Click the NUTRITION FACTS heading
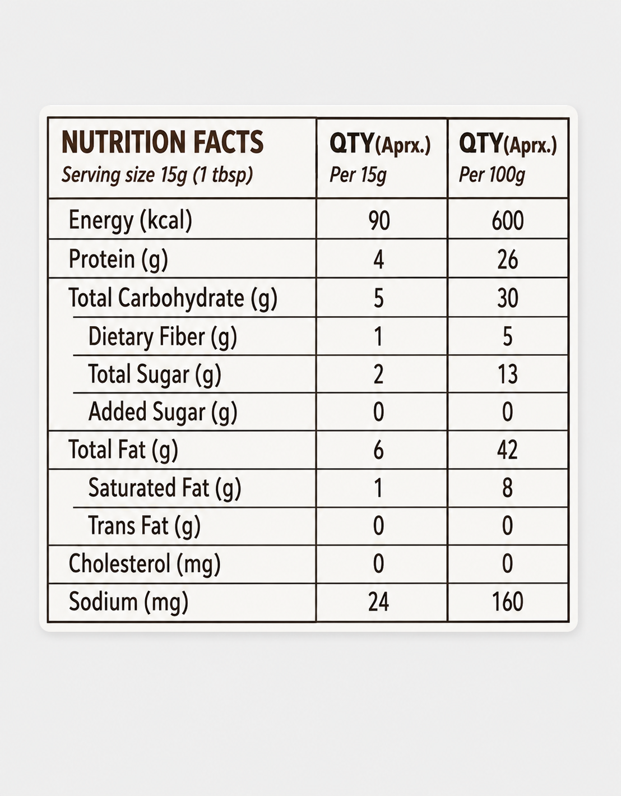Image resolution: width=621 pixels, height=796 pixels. point(163,142)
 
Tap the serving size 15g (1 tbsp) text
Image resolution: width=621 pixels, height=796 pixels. point(157,175)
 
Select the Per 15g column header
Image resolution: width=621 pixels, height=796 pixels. point(358,175)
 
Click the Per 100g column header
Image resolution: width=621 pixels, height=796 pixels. point(492,175)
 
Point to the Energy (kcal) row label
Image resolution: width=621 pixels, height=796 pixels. point(131,220)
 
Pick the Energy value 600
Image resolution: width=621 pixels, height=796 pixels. point(507,221)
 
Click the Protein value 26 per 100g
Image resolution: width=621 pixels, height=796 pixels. point(507,260)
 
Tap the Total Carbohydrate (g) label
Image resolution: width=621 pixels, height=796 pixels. point(173,298)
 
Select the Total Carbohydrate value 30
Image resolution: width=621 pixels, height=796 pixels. point(507,298)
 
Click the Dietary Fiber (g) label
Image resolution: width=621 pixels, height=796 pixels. point(163,337)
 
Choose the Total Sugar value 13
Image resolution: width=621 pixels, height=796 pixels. point(507,374)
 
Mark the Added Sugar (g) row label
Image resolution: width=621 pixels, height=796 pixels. point(163,412)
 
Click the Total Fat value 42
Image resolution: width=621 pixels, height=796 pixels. point(507,450)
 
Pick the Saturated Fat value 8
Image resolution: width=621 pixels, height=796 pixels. point(507,488)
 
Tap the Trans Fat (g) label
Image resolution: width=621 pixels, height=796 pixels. point(144,526)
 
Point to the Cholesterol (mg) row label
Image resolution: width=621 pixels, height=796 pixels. point(145,564)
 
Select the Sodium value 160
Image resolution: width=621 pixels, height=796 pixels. point(507,602)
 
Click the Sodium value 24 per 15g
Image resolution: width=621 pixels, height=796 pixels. point(379,602)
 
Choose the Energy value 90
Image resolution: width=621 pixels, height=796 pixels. point(379,221)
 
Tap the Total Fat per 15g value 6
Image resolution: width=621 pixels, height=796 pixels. point(379,450)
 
